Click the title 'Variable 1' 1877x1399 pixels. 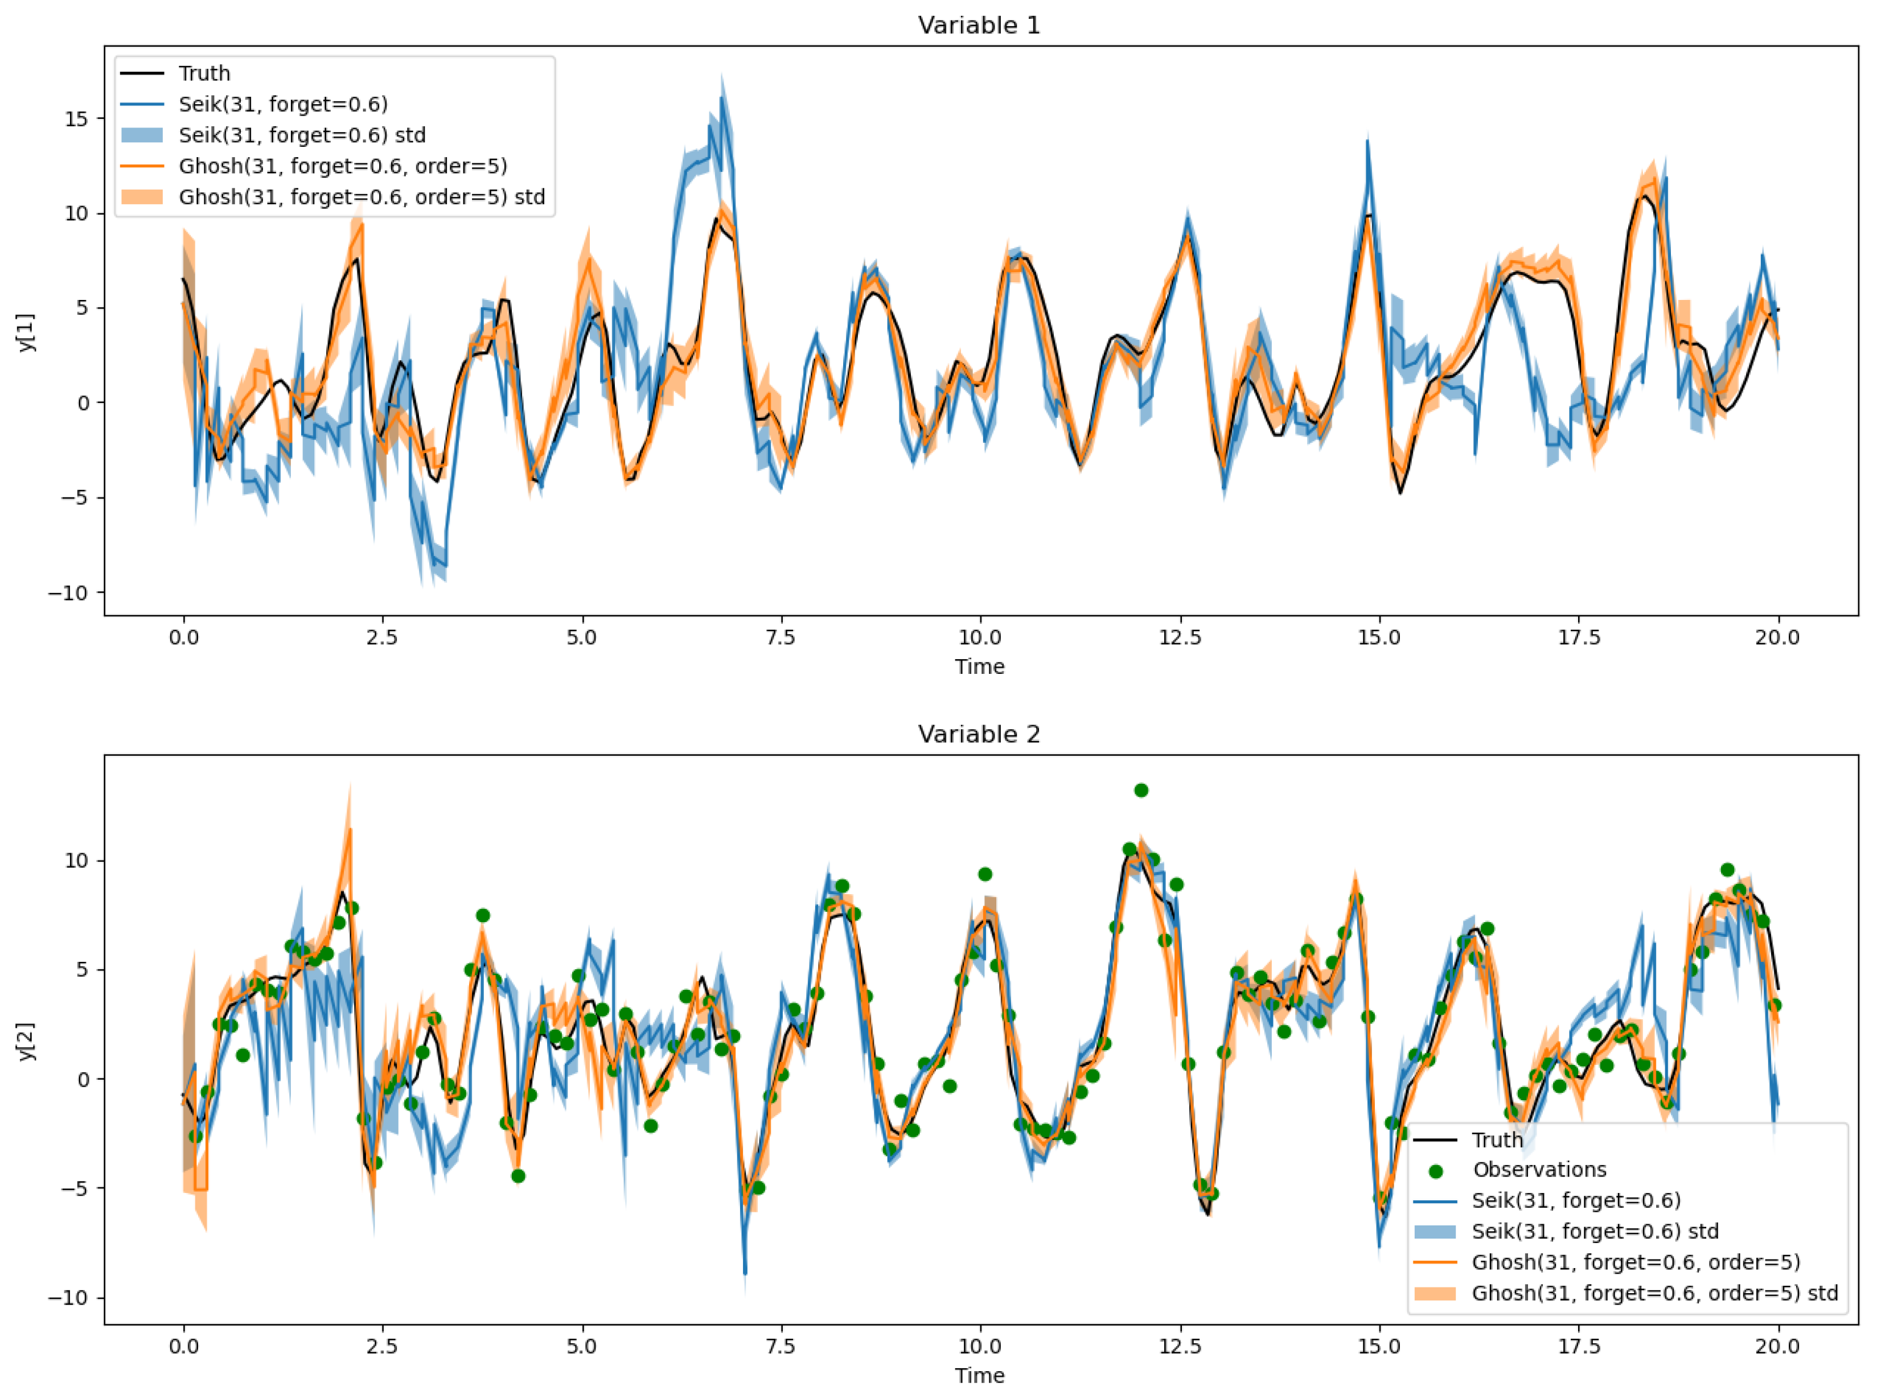979,26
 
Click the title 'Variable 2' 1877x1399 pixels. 979,734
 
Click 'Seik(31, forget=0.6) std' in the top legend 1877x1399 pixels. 302,135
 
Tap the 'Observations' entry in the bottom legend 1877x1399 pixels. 1539,1170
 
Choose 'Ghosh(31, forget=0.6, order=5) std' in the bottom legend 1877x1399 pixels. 1654,1293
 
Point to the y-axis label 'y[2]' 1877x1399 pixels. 27,1041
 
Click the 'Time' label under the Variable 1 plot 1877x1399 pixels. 980,666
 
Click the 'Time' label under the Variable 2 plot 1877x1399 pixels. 980,1375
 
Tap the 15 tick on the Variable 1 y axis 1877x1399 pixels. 76,118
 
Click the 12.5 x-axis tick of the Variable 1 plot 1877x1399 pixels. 1180,637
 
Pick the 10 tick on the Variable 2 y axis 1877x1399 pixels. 76,861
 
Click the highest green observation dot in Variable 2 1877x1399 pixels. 1141,790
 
